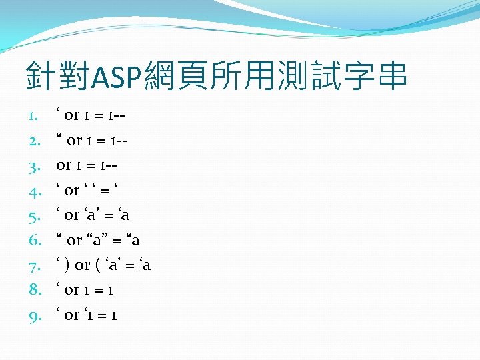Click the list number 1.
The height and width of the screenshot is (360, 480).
click(33, 116)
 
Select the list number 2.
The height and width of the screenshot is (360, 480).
click(33, 141)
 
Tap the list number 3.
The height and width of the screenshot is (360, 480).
click(33, 166)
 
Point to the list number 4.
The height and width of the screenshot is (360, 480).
click(33, 191)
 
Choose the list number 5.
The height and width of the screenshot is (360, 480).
click(33, 216)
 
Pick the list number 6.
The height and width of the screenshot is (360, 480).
click(33, 241)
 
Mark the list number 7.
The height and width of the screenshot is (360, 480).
click(33, 266)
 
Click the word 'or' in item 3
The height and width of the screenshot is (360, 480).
click(65, 165)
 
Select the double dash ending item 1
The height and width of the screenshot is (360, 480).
click(121, 116)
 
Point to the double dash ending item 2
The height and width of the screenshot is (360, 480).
click(123, 141)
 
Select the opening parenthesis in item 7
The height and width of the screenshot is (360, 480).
click(99, 266)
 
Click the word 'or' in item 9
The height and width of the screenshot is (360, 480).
click(72, 315)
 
